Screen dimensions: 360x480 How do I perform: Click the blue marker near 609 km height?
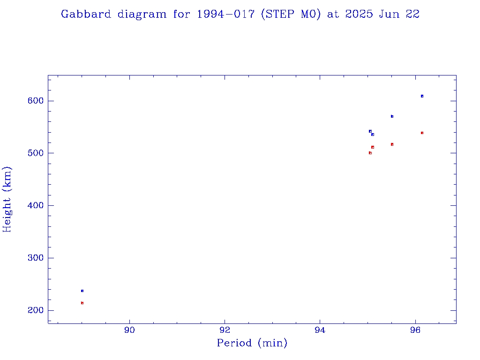422,96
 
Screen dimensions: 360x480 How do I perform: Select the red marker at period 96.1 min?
422,133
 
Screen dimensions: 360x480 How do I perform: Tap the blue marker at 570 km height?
392,116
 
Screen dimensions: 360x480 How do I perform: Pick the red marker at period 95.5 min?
392,144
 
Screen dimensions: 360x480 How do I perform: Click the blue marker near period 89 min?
82,291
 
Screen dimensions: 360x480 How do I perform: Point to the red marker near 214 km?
82,303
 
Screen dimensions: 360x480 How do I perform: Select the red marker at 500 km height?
370,153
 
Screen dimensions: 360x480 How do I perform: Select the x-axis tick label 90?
129,330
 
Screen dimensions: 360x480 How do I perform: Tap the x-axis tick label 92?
225,330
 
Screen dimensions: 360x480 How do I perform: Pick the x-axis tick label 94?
320,330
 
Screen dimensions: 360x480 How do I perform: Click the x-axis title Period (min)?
252,344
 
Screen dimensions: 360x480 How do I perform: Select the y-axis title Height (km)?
7,199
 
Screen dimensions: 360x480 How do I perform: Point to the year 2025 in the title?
360,14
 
